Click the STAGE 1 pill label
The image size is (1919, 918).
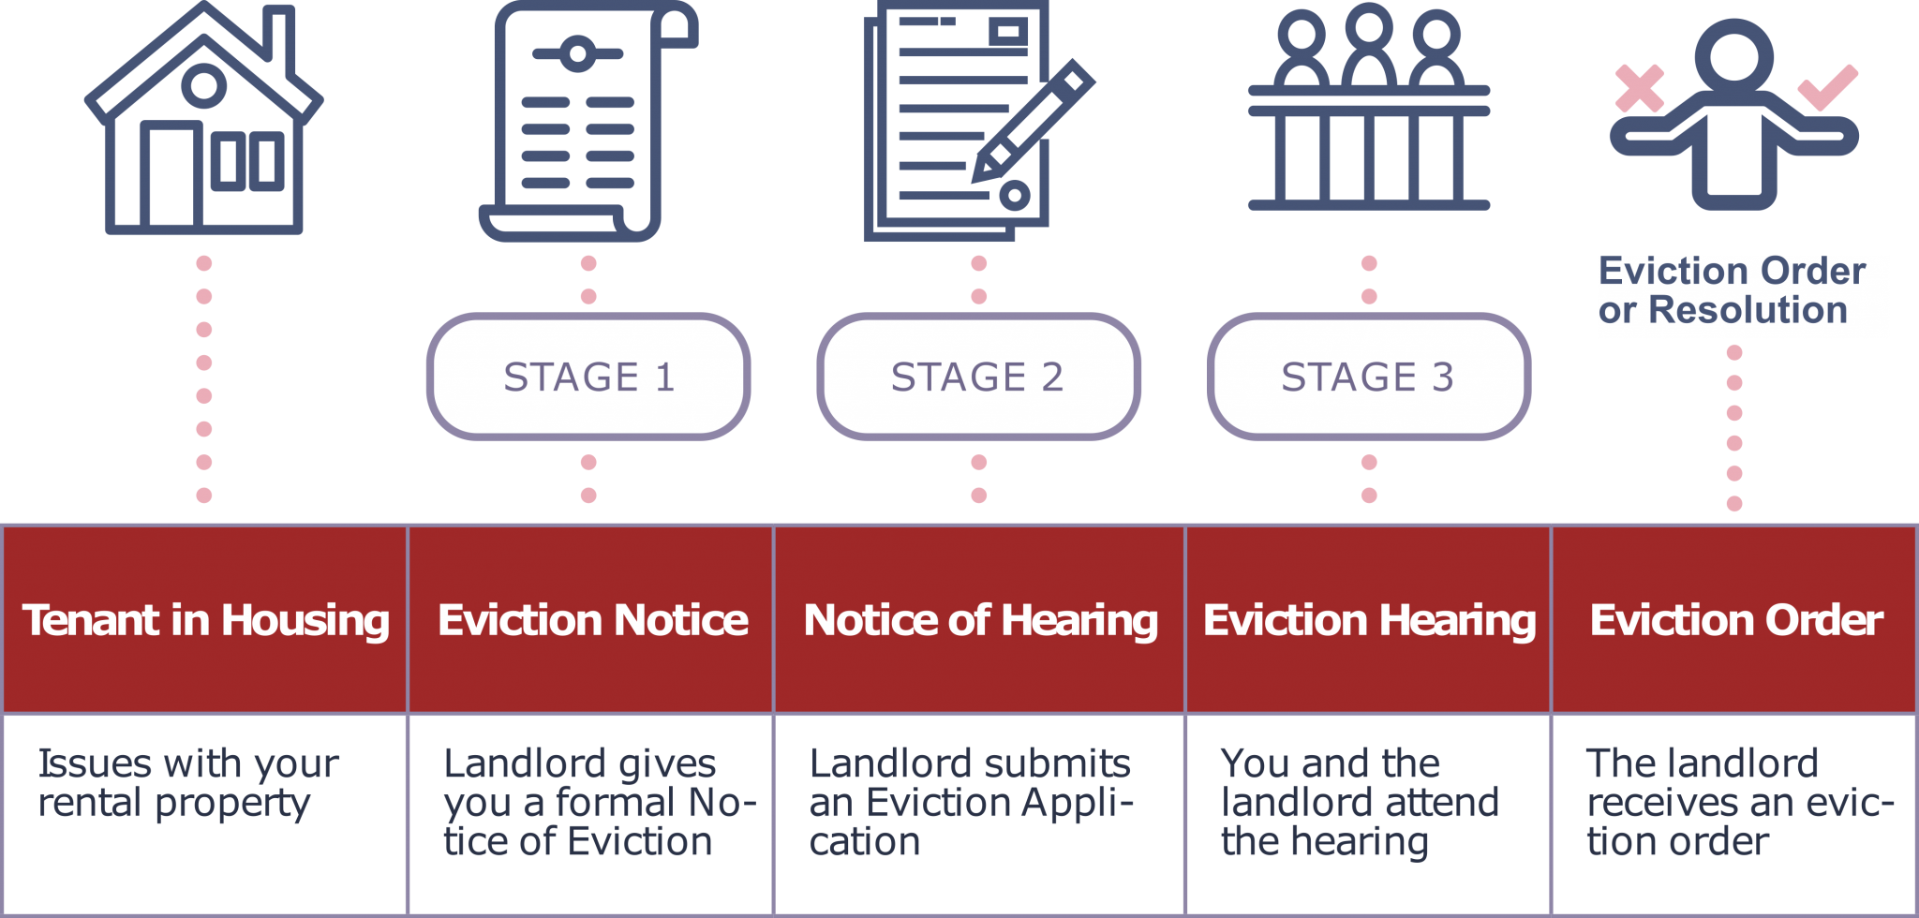click(588, 377)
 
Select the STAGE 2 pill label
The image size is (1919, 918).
click(978, 377)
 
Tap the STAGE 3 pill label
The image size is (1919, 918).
click(1368, 377)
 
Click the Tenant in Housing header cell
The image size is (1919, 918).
click(205, 620)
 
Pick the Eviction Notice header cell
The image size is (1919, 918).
click(592, 620)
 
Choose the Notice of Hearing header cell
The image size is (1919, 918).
click(980, 620)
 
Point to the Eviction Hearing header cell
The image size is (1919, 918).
click(1369, 620)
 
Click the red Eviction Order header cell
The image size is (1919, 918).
click(1736, 620)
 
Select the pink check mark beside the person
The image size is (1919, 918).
click(1828, 86)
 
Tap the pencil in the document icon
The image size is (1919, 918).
click(1032, 122)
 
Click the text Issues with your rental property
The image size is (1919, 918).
click(187, 783)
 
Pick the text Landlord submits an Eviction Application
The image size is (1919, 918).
click(971, 802)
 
